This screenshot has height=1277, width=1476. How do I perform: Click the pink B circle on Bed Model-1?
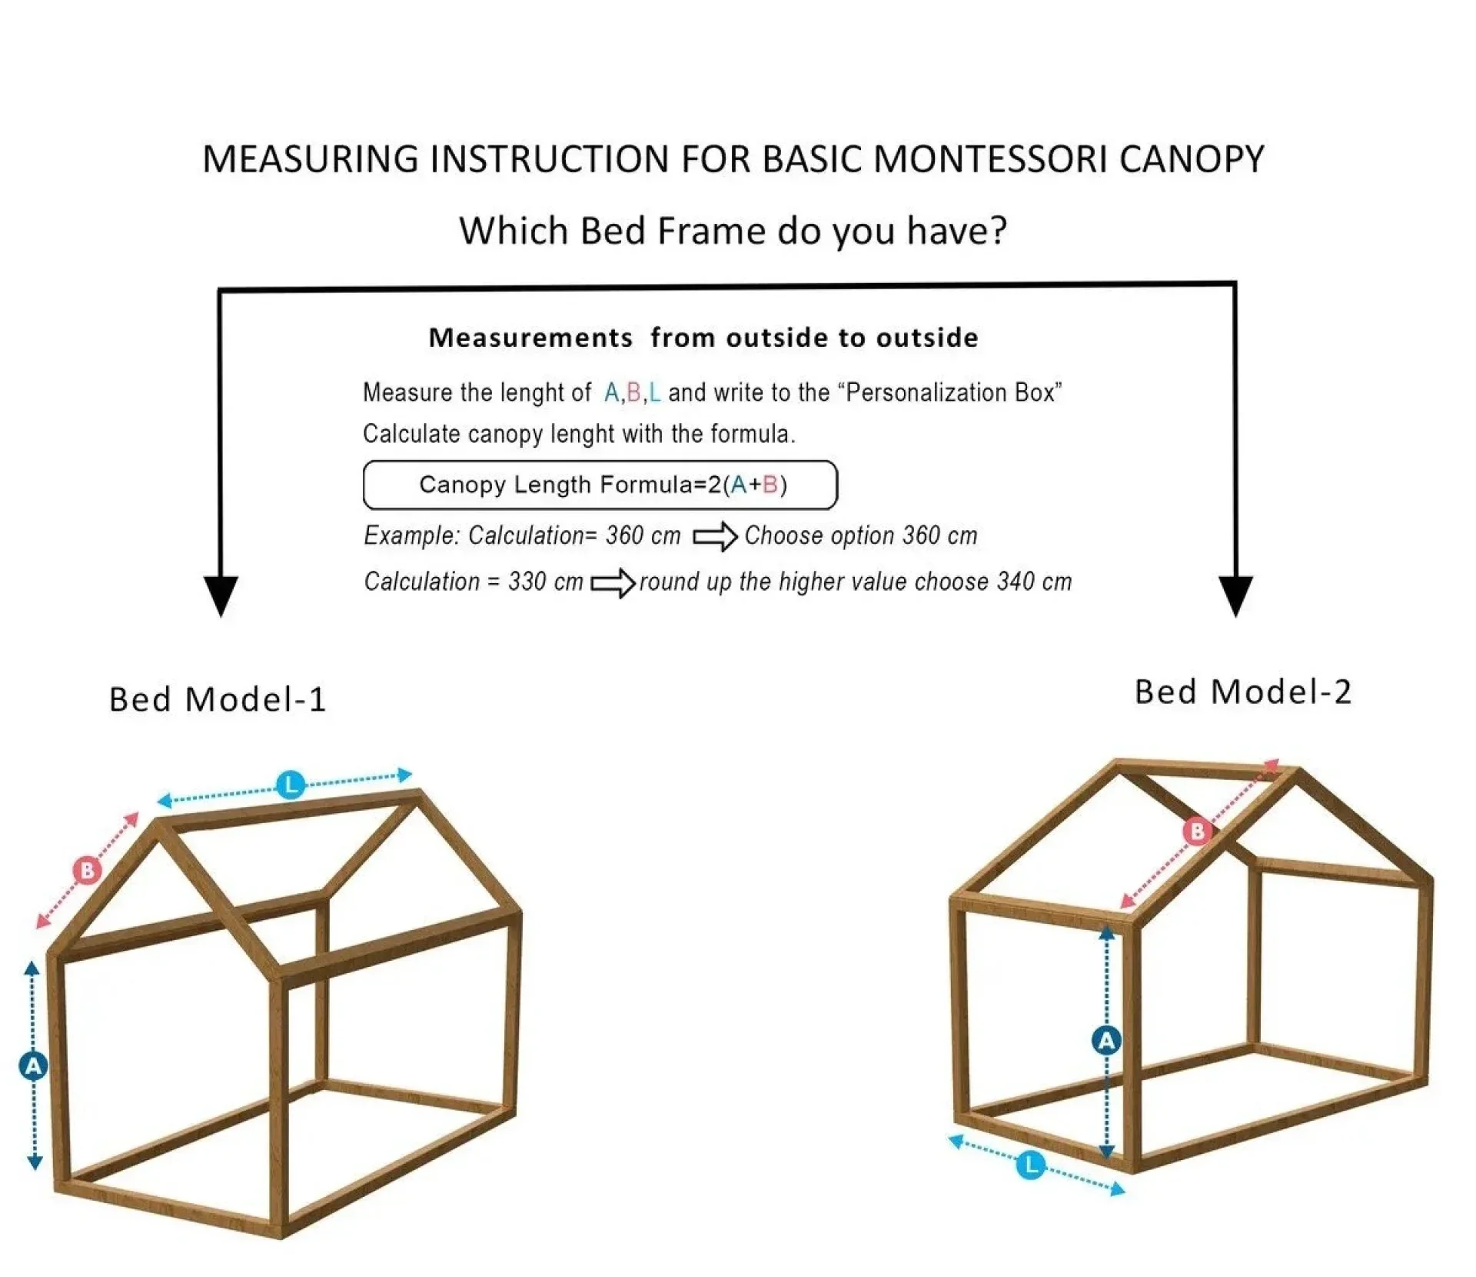click(87, 870)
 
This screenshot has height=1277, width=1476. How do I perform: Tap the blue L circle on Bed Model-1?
click(291, 785)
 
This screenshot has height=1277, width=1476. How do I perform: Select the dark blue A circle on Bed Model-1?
click(33, 1066)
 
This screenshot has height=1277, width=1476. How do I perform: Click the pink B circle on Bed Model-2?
click(1197, 831)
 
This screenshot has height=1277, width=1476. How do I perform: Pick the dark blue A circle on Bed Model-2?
click(1106, 1041)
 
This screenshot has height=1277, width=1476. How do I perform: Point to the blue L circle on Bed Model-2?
click(1031, 1165)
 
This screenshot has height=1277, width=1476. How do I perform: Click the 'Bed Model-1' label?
click(218, 699)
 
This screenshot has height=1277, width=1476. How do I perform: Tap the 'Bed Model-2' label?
click(1242, 692)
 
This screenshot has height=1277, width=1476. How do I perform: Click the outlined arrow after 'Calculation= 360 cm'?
click(715, 536)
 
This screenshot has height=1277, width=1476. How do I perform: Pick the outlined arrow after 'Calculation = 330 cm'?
click(613, 583)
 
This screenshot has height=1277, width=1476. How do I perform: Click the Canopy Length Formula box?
click(600, 485)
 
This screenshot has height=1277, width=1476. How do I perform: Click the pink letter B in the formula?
click(771, 485)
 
